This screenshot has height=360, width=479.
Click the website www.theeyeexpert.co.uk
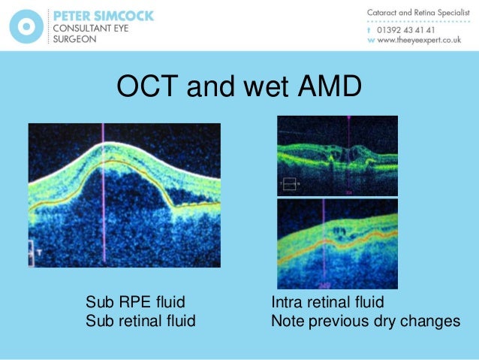click(x=417, y=42)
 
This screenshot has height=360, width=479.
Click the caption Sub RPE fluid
click(x=135, y=303)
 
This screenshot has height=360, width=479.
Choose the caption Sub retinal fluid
click(x=140, y=321)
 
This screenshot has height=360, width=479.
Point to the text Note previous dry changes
click(x=365, y=321)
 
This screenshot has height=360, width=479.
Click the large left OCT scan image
click(x=124, y=195)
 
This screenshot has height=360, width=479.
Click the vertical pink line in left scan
click(x=103, y=225)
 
